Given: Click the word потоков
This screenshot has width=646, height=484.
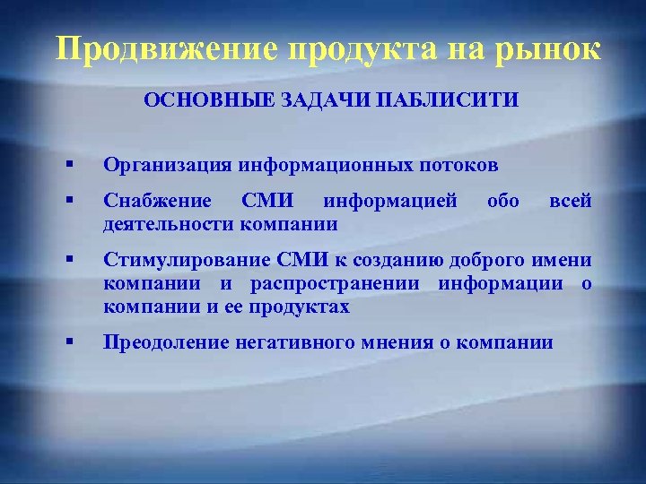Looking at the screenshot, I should tap(459, 165).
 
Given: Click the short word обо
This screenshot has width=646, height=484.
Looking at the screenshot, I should tap(502, 201).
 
